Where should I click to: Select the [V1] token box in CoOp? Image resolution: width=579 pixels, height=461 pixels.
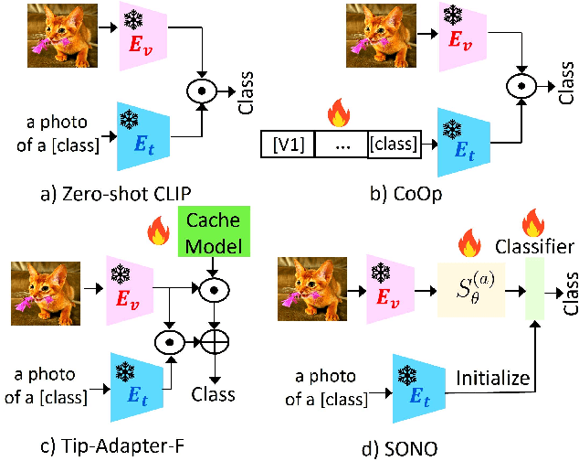tap(289, 145)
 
